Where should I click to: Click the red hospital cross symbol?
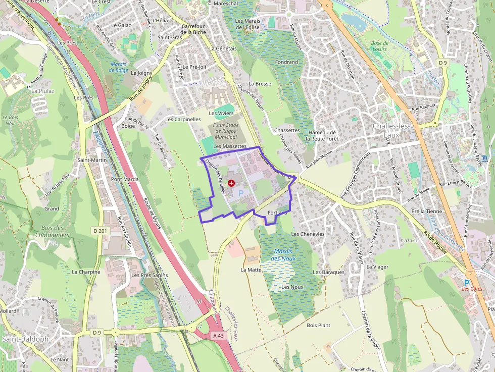231,183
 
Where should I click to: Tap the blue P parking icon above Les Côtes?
467,283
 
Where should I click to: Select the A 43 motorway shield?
218,335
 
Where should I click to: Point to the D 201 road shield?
101,231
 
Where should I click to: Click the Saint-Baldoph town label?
25,339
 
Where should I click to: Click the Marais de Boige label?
118,67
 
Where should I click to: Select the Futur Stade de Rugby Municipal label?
226,131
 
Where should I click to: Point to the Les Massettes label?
229,146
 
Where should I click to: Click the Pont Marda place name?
125,179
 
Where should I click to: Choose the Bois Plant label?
318,325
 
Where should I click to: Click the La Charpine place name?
86,272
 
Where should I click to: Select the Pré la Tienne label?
427,211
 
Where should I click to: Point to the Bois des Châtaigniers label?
53,231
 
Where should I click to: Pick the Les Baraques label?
328,272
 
